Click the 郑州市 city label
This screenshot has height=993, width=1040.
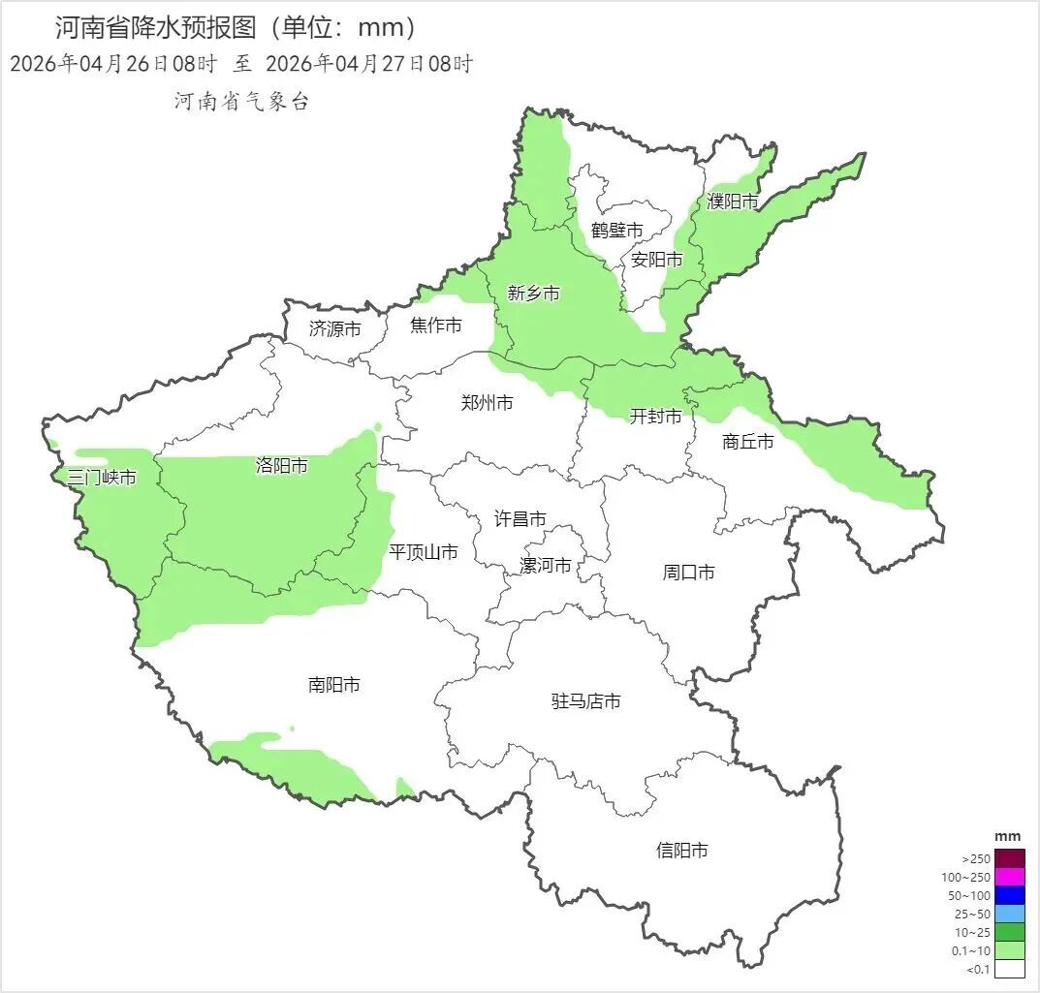pos(487,403)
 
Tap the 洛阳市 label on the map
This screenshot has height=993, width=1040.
pos(281,466)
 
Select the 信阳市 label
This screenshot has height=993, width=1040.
pos(681,851)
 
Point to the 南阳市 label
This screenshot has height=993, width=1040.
pos(333,685)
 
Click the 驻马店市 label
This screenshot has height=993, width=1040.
pos(585,701)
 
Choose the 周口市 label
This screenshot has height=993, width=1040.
pos(688,573)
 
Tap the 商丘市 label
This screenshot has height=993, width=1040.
pos(747,442)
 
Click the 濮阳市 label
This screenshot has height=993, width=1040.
pos(733,202)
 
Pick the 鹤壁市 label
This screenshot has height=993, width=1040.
pos(616,231)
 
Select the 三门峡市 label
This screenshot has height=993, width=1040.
pos(101,477)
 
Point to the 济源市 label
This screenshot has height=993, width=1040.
pos(334,329)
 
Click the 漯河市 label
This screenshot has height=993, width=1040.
pos(545,566)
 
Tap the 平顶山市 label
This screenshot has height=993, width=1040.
pos(423,552)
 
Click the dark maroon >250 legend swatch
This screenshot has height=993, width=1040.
pos(1010,858)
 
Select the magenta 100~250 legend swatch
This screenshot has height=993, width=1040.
pos(1010,877)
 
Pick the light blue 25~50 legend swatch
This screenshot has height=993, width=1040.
pos(1010,914)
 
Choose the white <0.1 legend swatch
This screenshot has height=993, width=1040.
pos(1010,969)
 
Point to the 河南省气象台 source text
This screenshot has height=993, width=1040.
pos(241,102)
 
